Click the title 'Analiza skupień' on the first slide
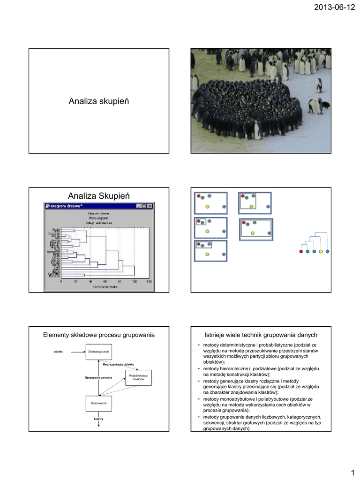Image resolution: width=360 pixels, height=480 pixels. tap(99, 101)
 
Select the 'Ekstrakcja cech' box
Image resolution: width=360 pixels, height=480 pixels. tap(98, 352)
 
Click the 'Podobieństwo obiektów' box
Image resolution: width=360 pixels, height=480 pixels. tap(138, 377)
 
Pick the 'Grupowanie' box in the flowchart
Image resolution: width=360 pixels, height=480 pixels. tap(98, 403)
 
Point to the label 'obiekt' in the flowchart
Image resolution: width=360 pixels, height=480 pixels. tap(59, 352)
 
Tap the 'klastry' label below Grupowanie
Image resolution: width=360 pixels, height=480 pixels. tap(98, 418)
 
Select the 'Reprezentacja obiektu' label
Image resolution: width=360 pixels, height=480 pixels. tap(119, 364)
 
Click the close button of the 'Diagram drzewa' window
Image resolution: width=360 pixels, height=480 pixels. tap(150, 206)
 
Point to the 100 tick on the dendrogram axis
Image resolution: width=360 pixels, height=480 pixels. tap(135, 282)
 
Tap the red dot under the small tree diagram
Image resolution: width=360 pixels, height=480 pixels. tap(301, 252)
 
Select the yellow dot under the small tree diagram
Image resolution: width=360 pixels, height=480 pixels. tap(321, 252)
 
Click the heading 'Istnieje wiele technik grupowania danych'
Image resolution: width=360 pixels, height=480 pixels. tap(262, 335)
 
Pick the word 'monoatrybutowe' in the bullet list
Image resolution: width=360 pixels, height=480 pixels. tap(241, 399)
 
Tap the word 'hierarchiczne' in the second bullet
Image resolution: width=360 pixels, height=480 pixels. tap(233, 369)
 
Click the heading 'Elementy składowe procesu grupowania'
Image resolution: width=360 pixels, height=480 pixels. tap(99, 335)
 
